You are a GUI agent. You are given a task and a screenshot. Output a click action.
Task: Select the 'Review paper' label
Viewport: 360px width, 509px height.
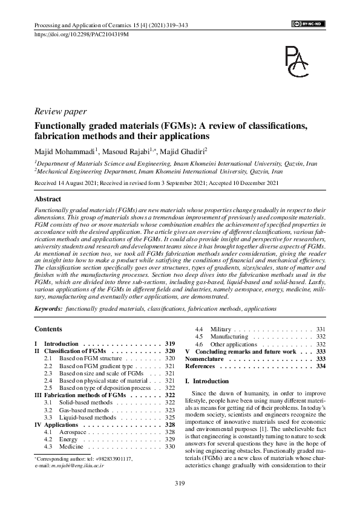[x=61, y=111]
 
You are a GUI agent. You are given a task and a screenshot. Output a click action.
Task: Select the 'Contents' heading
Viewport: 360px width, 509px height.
[x=48, y=329]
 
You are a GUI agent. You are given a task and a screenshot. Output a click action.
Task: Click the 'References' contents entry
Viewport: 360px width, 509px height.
[x=200, y=366]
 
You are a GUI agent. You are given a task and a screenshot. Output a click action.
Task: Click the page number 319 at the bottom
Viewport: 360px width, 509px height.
[x=180, y=483]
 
